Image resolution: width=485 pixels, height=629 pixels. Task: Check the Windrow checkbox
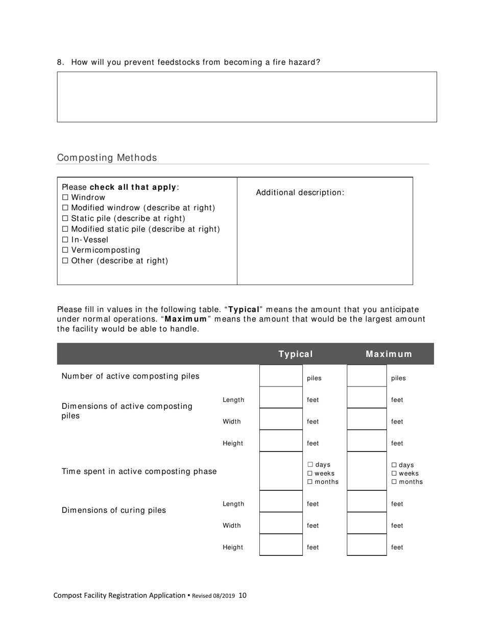point(65,197)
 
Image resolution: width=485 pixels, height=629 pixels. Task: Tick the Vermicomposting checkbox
point(65,250)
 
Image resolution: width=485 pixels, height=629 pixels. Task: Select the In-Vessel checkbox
point(65,240)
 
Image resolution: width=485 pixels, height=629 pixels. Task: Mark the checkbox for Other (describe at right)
point(65,261)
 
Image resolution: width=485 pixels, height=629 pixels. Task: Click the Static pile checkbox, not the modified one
point(65,218)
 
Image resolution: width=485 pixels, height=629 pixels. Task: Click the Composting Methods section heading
point(107,158)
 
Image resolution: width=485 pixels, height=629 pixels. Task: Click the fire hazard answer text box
point(247,97)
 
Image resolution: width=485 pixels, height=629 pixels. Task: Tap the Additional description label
point(300,192)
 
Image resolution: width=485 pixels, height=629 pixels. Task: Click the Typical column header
point(296,354)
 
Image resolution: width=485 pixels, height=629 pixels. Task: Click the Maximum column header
point(389,354)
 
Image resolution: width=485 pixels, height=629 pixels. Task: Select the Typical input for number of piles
point(281,376)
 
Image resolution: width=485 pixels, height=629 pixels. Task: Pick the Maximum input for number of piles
point(367,376)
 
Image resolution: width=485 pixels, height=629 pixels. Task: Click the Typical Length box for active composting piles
point(281,398)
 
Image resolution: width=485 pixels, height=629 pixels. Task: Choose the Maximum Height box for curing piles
point(367,545)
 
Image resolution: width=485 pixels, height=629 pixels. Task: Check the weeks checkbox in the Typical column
point(310,474)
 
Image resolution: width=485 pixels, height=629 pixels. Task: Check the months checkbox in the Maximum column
point(394,482)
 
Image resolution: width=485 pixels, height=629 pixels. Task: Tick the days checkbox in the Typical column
point(310,465)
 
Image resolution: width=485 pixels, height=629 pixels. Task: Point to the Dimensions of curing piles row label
point(113,510)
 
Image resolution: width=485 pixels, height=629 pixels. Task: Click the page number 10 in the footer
point(243,595)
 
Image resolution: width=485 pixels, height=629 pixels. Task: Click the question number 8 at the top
point(60,62)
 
